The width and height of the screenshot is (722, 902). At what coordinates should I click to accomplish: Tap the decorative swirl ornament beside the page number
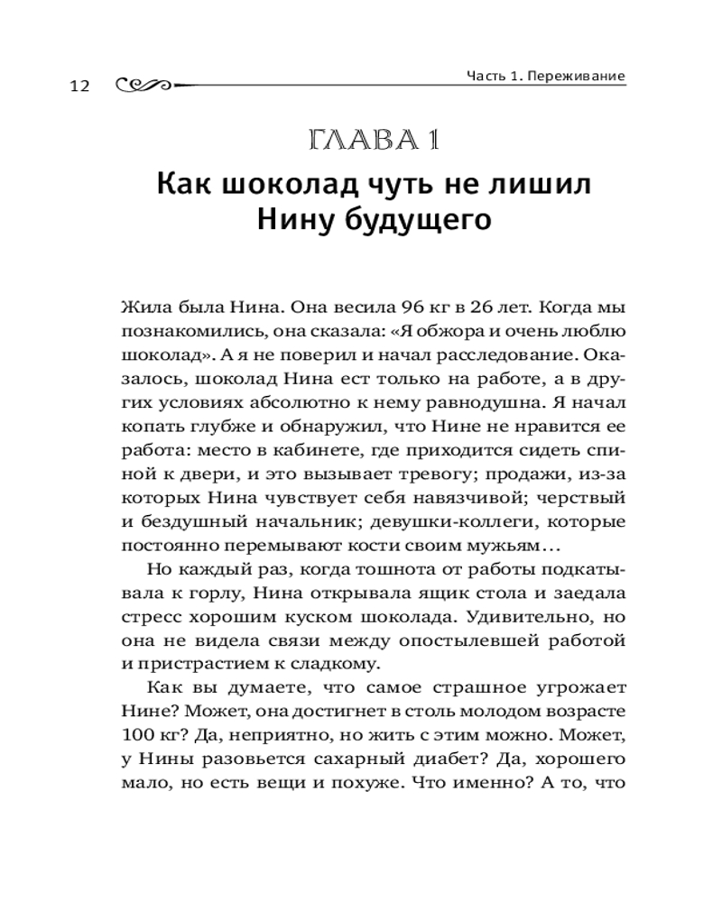(144, 84)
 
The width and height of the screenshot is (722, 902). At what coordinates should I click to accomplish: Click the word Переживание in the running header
(579, 77)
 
